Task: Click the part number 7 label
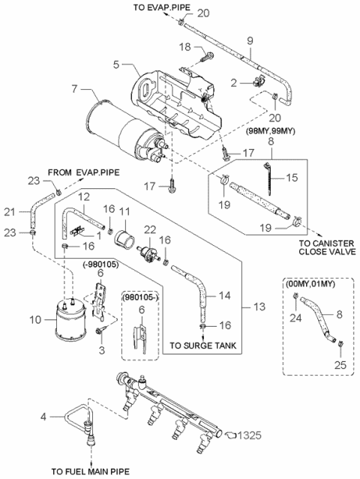point(73,90)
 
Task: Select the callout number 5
point(115,64)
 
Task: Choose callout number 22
point(152,229)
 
